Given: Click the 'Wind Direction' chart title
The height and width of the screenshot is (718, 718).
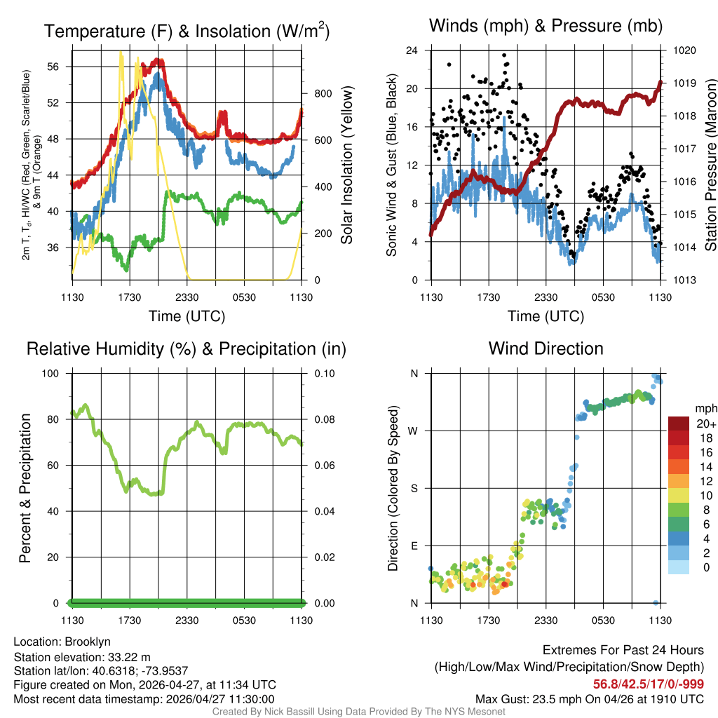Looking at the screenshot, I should click(x=546, y=348).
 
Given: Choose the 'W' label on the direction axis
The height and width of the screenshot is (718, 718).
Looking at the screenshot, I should click(x=414, y=431).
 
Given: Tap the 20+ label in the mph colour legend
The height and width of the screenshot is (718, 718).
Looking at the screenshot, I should click(x=705, y=424).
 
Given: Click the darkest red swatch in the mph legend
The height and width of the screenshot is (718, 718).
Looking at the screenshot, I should click(x=680, y=424).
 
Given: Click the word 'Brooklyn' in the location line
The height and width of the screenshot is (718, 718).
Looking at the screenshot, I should click(x=88, y=642).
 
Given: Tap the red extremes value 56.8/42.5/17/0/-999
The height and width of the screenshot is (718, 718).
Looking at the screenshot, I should click(x=649, y=684).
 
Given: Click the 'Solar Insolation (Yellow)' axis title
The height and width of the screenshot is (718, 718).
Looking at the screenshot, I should click(x=346, y=165).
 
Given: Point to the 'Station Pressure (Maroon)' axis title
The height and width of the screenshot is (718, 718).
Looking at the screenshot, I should click(x=710, y=165).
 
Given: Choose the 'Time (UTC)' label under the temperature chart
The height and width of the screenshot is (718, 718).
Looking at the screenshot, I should click(x=187, y=316).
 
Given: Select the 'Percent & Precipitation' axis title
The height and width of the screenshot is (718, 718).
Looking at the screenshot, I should click(x=25, y=488).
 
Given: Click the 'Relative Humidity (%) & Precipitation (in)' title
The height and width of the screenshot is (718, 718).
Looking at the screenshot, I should click(x=187, y=348).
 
